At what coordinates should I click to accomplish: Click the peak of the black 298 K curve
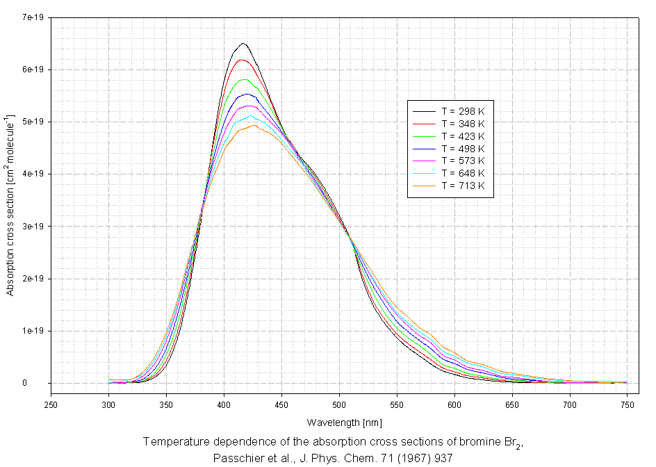tap(243, 43)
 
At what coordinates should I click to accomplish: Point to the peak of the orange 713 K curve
tap(254, 125)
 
